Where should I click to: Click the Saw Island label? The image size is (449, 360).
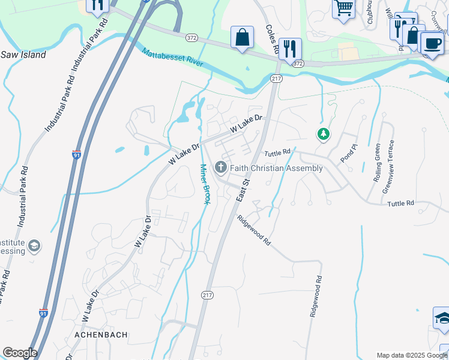point(23,55)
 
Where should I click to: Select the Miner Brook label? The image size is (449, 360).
point(205,184)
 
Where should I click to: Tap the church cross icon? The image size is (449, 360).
point(221,167)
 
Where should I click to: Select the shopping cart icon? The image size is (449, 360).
point(343,8)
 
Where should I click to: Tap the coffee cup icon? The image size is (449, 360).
point(432,43)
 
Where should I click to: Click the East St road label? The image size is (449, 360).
point(243,189)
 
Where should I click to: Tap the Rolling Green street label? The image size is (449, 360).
point(378,163)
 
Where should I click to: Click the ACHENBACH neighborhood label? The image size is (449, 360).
point(101,335)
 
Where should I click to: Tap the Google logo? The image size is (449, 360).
point(19,353)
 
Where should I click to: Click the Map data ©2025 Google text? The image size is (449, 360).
point(411,355)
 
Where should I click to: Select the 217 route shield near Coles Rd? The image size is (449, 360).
point(276,79)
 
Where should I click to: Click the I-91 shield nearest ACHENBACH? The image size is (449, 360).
point(43,313)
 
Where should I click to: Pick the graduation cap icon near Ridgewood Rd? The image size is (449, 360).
point(442,318)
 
